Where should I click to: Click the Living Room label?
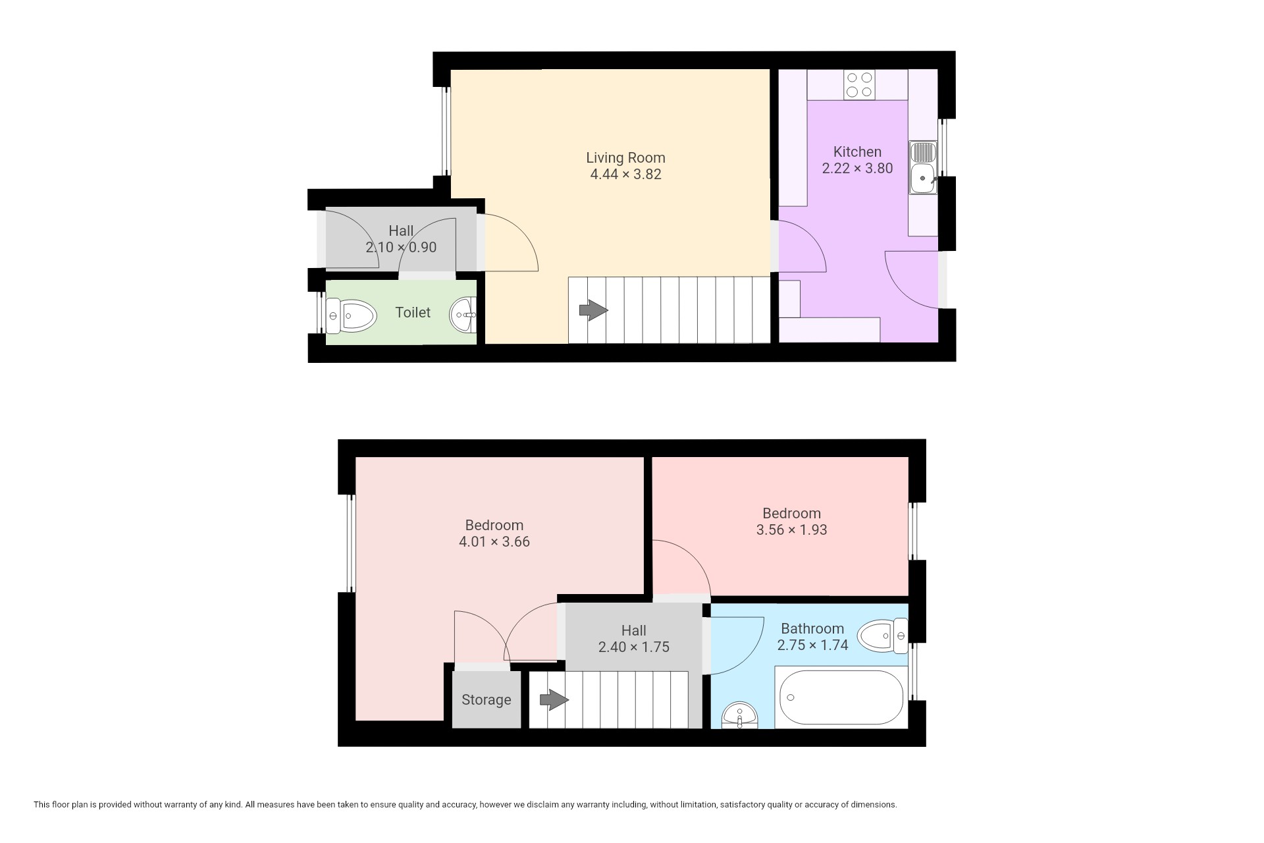click(625, 158)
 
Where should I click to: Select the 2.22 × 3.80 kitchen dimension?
click(857, 169)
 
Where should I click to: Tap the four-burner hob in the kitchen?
click(859, 84)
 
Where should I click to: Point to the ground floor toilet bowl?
click(350, 315)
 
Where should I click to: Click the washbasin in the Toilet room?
click(463, 315)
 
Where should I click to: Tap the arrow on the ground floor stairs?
click(594, 310)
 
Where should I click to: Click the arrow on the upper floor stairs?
click(554, 699)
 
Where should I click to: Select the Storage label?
click(486, 700)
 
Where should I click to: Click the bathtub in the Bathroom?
click(841, 698)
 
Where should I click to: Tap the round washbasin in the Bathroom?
click(739, 715)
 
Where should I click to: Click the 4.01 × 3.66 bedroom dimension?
click(494, 542)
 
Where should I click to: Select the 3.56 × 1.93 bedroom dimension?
click(791, 530)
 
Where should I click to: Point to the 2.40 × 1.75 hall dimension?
click(633, 647)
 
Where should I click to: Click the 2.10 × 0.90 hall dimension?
click(401, 248)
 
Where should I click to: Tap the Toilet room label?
click(413, 313)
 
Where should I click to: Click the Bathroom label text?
click(812, 629)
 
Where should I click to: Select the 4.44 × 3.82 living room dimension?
click(625, 175)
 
